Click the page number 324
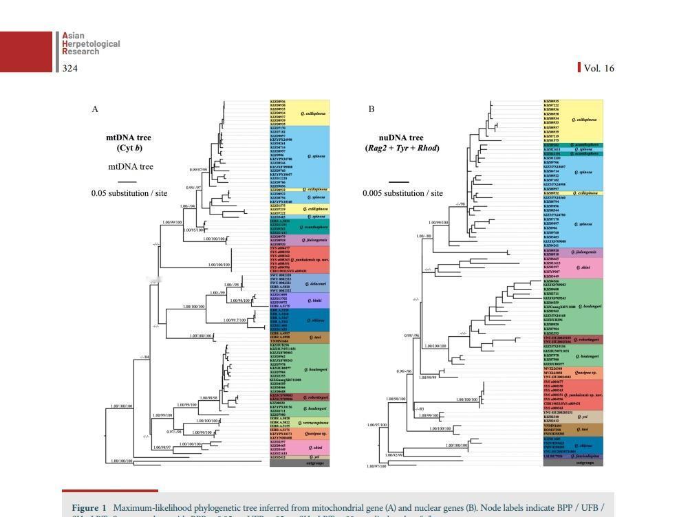click(x=69, y=67)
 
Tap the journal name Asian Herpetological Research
click(x=91, y=43)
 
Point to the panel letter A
click(x=95, y=109)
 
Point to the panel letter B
click(x=371, y=109)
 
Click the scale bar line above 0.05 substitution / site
click(x=127, y=181)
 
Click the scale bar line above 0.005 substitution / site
click(x=399, y=181)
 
